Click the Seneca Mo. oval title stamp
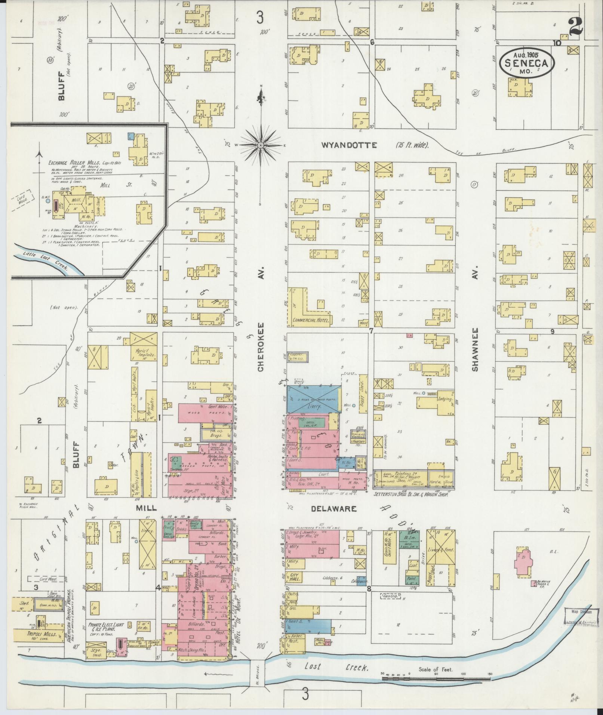527,64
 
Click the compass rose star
260,145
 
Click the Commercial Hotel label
311,320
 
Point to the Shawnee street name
475,350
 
